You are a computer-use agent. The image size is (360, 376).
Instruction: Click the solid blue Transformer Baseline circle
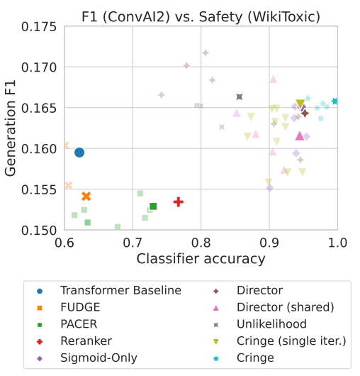79,153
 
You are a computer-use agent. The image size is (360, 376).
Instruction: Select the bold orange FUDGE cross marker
86,196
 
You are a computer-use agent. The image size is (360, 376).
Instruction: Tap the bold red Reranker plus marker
179,202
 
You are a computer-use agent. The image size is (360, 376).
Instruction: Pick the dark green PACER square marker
153,206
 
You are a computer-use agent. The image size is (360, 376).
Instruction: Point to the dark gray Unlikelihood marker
240,97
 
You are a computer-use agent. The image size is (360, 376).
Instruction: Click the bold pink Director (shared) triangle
300,136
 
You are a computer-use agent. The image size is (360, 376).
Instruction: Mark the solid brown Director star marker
305,114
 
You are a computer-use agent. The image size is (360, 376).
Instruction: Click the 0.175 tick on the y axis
39,27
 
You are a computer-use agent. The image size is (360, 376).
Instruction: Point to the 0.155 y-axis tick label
39,190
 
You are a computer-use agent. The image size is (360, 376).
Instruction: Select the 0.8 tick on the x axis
201,243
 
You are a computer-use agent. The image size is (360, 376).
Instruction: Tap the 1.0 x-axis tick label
337,243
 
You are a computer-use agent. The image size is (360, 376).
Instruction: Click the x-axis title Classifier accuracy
201,259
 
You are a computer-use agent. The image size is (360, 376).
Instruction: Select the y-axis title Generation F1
11,128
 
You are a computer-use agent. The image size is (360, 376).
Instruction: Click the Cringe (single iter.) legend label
291,341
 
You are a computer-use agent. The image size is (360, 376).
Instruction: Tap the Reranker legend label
86,341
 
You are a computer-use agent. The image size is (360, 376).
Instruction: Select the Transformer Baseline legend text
120,290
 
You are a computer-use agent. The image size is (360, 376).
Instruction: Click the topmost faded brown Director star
206,52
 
